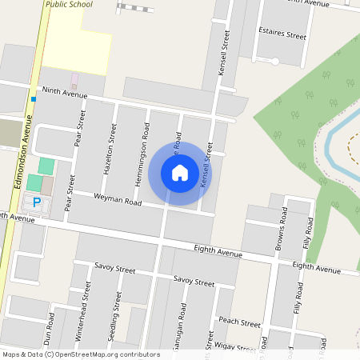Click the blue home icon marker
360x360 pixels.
click(x=180, y=173)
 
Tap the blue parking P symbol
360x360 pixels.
click(x=37, y=203)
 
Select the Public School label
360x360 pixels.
click(x=69, y=4)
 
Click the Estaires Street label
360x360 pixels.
click(x=282, y=36)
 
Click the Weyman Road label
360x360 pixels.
click(x=118, y=200)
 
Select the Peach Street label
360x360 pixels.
click(x=240, y=323)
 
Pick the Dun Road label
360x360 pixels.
click(x=50, y=330)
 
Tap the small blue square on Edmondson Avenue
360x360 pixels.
click(x=34, y=99)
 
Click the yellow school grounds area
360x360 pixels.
click(x=76, y=44)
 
